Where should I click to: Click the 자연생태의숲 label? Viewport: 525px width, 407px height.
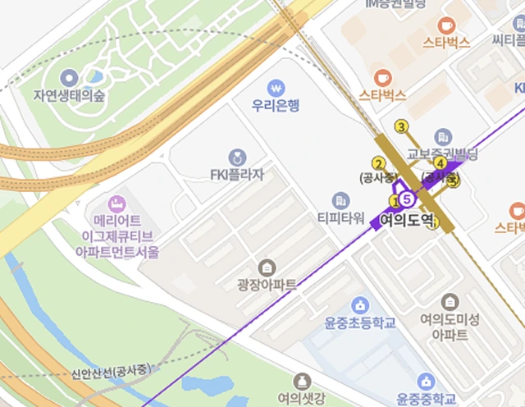pyautogui.click(x=70, y=95)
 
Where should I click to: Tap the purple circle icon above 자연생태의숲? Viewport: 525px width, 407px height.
pyautogui.click(x=70, y=78)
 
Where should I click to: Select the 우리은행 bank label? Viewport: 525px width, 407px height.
pyautogui.click(x=276, y=105)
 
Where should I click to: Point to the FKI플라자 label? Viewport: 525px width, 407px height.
pyautogui.click(x=237, y=174)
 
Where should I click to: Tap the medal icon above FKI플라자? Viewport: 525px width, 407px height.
pyautogui.click(x=237, y=157)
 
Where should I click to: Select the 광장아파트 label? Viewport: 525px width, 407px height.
pyautogui.click(x=267, y=285)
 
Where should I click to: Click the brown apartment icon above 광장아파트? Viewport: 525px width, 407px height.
pyautogui.click(x=267, y=268)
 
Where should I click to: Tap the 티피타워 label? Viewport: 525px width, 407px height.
pyautogui.click(x=340, y=217)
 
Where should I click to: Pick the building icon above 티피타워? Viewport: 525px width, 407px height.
pyautogui.click(x=340, y=200)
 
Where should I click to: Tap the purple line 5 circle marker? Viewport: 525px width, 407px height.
pyautogui.click(x=407, y=199)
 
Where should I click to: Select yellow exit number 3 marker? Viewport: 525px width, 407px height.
pyautogui.click(x=401, y=126)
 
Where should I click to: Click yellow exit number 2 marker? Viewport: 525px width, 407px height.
pyautogui.click(x=378, y=162)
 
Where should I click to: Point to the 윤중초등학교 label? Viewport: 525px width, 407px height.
pyautogui.click(x=361, y=322)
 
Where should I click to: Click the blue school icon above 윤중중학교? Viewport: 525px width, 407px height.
pyautogui.click(x=426, y=382)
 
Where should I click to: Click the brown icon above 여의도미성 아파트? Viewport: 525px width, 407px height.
pyautogui.click(x=449, y=301)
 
